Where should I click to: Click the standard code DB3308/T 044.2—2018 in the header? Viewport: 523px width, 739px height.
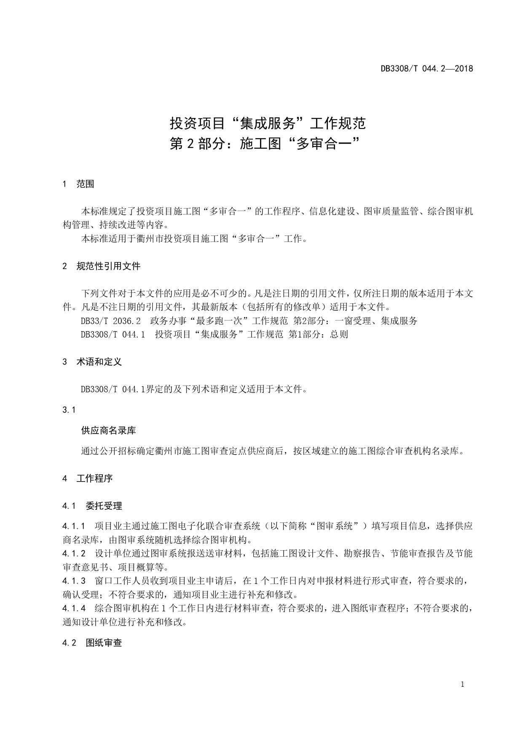point(426,68)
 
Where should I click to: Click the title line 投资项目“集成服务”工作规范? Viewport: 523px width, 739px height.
point(268,123)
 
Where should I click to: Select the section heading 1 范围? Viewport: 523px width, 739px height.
point(78,184)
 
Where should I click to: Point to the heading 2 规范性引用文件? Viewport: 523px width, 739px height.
point(101,266)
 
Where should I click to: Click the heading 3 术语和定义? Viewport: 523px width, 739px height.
point(92,362)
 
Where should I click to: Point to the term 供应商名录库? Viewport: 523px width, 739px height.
point(108,431)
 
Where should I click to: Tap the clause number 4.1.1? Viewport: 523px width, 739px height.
point(74,526)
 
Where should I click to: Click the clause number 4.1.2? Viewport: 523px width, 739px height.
point(74,554)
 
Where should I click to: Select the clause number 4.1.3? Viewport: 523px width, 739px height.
point(74,581)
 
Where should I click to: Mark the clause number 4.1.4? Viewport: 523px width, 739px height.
point(74,608)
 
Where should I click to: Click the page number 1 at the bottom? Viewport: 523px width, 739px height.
point(462,685)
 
